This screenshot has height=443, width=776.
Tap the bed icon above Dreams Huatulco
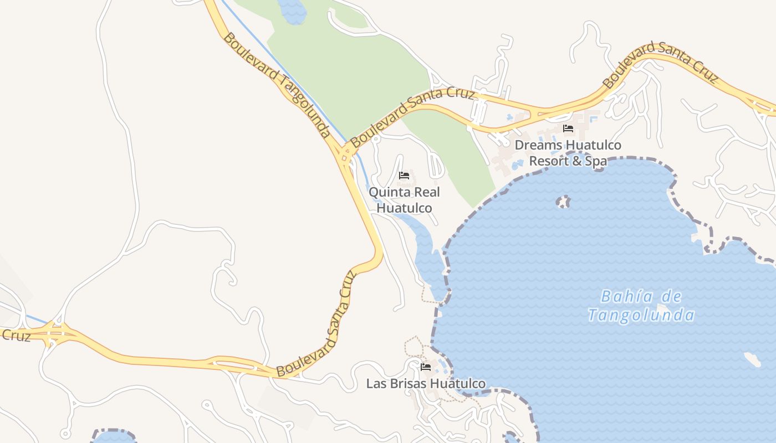click(x=568, y=128)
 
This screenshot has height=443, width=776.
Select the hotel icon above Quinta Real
click(x=404, y=176)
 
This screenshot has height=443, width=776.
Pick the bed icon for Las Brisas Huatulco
click(x=426, y=367)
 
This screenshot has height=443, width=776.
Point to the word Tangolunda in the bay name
click(x=641, y=316)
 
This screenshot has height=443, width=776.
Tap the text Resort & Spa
click(x=568, y=161)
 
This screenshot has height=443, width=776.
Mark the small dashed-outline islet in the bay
click(x=563, y=202)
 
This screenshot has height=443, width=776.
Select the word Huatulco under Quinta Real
click(x=404, y=208)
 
